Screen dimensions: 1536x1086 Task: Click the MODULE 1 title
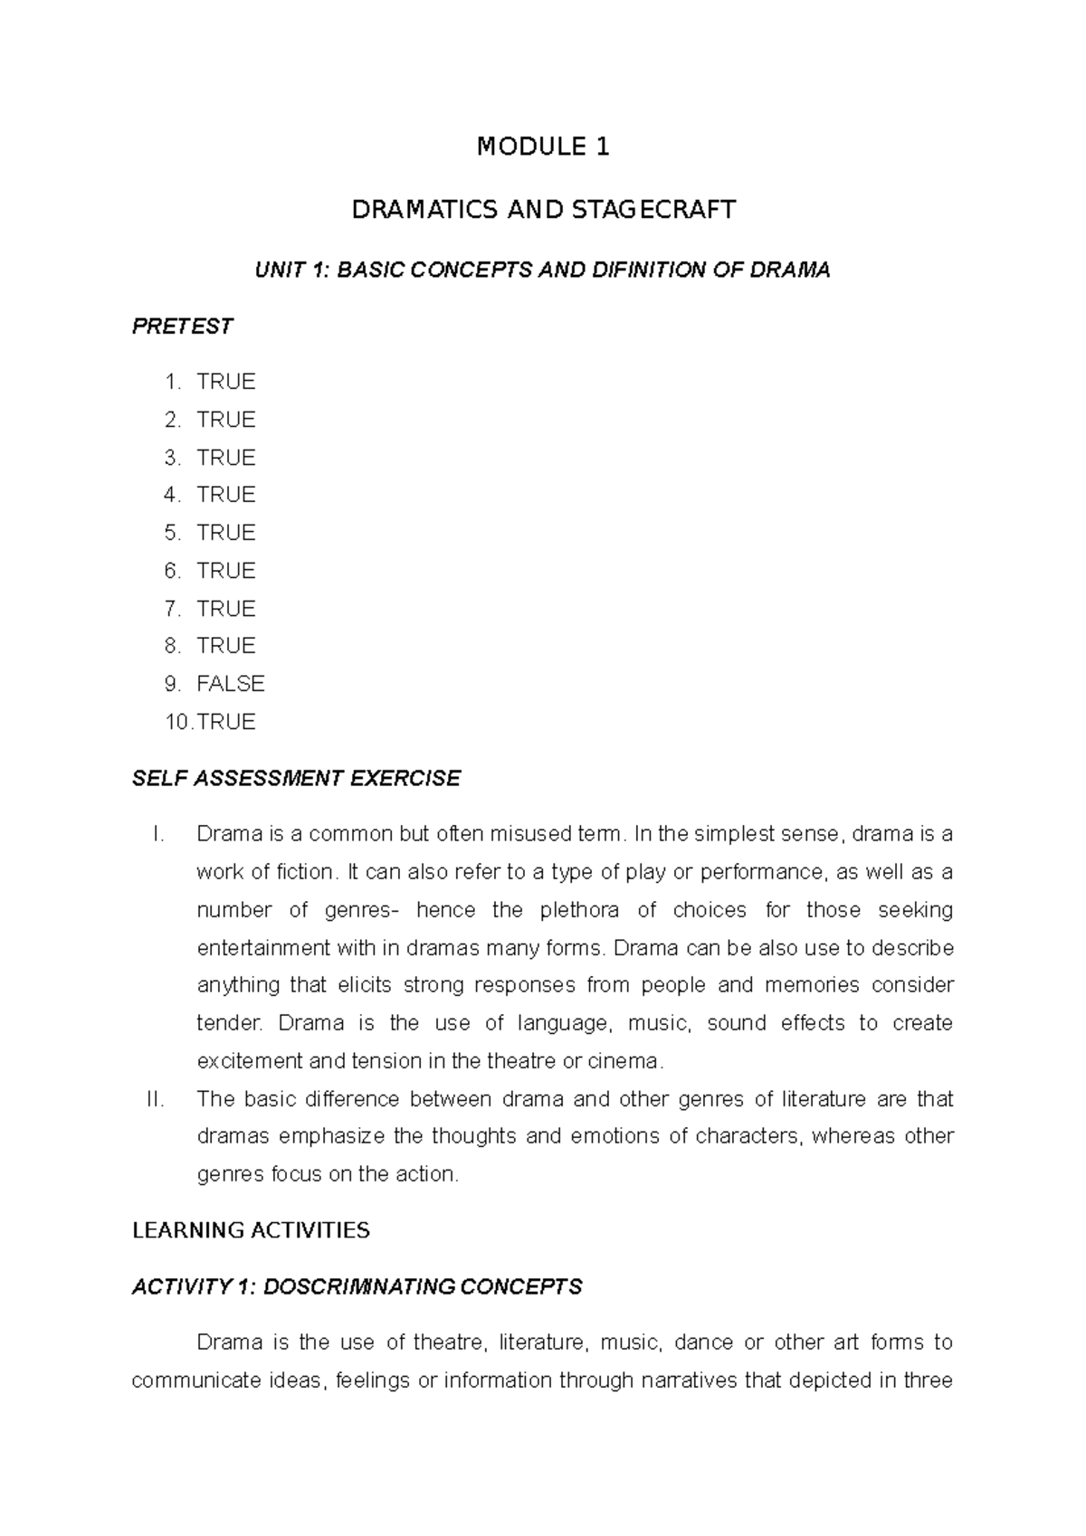pos(543,147)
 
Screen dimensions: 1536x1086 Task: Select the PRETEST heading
pos(182,327)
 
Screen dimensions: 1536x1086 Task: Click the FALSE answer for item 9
pos(230,684)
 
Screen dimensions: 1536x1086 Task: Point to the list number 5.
pos(172,533)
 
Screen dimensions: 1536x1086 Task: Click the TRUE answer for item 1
pos(226,382)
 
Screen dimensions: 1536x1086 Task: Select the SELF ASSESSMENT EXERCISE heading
pos(296,779)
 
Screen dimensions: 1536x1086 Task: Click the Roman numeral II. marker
pos(155,1099)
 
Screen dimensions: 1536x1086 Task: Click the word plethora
pos(581,910)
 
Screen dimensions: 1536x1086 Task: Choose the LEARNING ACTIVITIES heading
pos(251,1230)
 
